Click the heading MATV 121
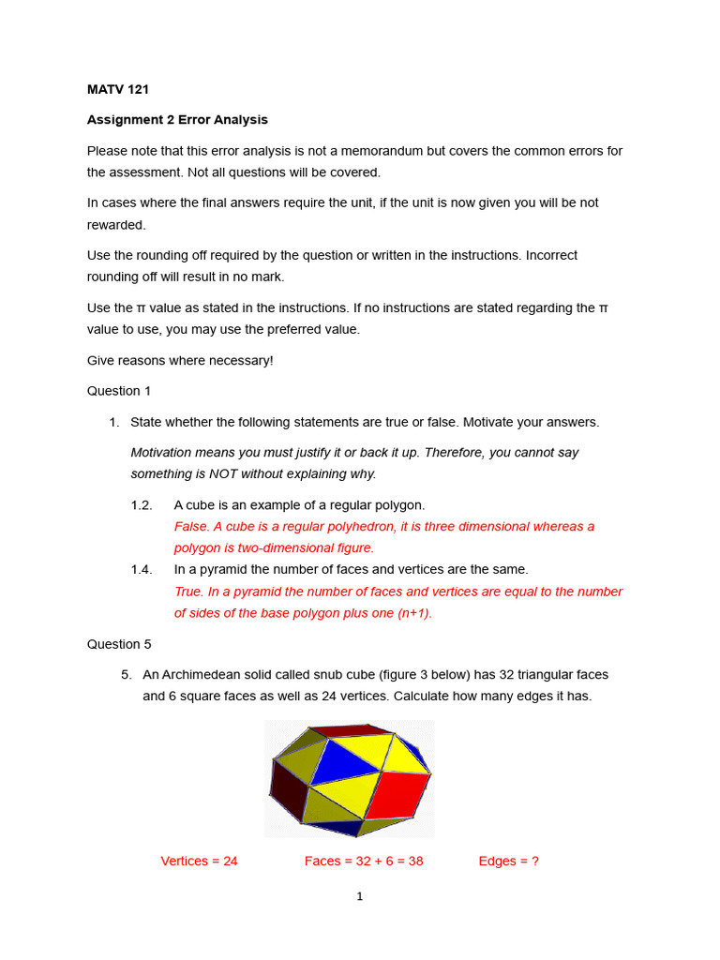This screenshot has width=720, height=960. click(x=117, y=90)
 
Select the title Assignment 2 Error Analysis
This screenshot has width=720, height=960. click(x=177, y=120)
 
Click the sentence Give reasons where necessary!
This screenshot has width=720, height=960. click(x=180, y=360)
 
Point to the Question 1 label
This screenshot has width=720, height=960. click(x=119, y=390)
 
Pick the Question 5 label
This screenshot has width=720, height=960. click(x=119, y=644)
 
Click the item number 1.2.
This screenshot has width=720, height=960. click(x=142, y=505)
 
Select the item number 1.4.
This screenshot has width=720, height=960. click(x=142, y=569)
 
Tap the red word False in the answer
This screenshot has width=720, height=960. click(x=191, y=527)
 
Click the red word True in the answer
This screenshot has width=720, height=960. click(x=188, y=592)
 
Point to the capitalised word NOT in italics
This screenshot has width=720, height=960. click(x=226, y=473)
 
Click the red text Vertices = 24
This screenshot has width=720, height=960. click(x=199, y=861)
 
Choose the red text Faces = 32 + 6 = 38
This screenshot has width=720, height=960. click(x=364, y=861)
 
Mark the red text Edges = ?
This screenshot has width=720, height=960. click(x=508, y=861)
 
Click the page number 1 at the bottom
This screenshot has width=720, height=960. click(x=359, y=897)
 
